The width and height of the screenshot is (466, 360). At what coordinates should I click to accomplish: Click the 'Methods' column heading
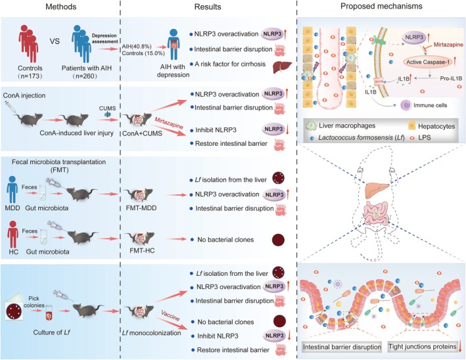point(60,7)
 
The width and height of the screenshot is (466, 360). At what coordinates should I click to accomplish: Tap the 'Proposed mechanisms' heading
point(381,6)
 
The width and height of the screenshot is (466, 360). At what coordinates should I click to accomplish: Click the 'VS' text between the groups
point(55,41)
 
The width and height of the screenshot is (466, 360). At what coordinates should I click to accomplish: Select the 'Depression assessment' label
point(105,39)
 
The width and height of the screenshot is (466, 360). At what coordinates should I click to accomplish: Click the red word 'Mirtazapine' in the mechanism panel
point(448,45)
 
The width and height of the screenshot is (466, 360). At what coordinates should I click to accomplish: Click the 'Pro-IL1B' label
point(451,78)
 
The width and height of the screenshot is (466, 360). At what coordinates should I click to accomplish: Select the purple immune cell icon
point(406,105)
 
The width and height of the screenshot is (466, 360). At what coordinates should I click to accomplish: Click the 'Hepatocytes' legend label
point(436,126)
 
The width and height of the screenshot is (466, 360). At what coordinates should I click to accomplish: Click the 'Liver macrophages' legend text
point(347,125)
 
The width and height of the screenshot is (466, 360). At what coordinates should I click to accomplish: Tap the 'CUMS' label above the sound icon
point(107,108)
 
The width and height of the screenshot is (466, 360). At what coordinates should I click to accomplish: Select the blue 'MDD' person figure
point(12,189)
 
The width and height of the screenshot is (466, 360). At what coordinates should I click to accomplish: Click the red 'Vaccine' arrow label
point(170,315)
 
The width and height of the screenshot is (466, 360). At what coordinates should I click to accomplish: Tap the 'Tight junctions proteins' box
point(423,347)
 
